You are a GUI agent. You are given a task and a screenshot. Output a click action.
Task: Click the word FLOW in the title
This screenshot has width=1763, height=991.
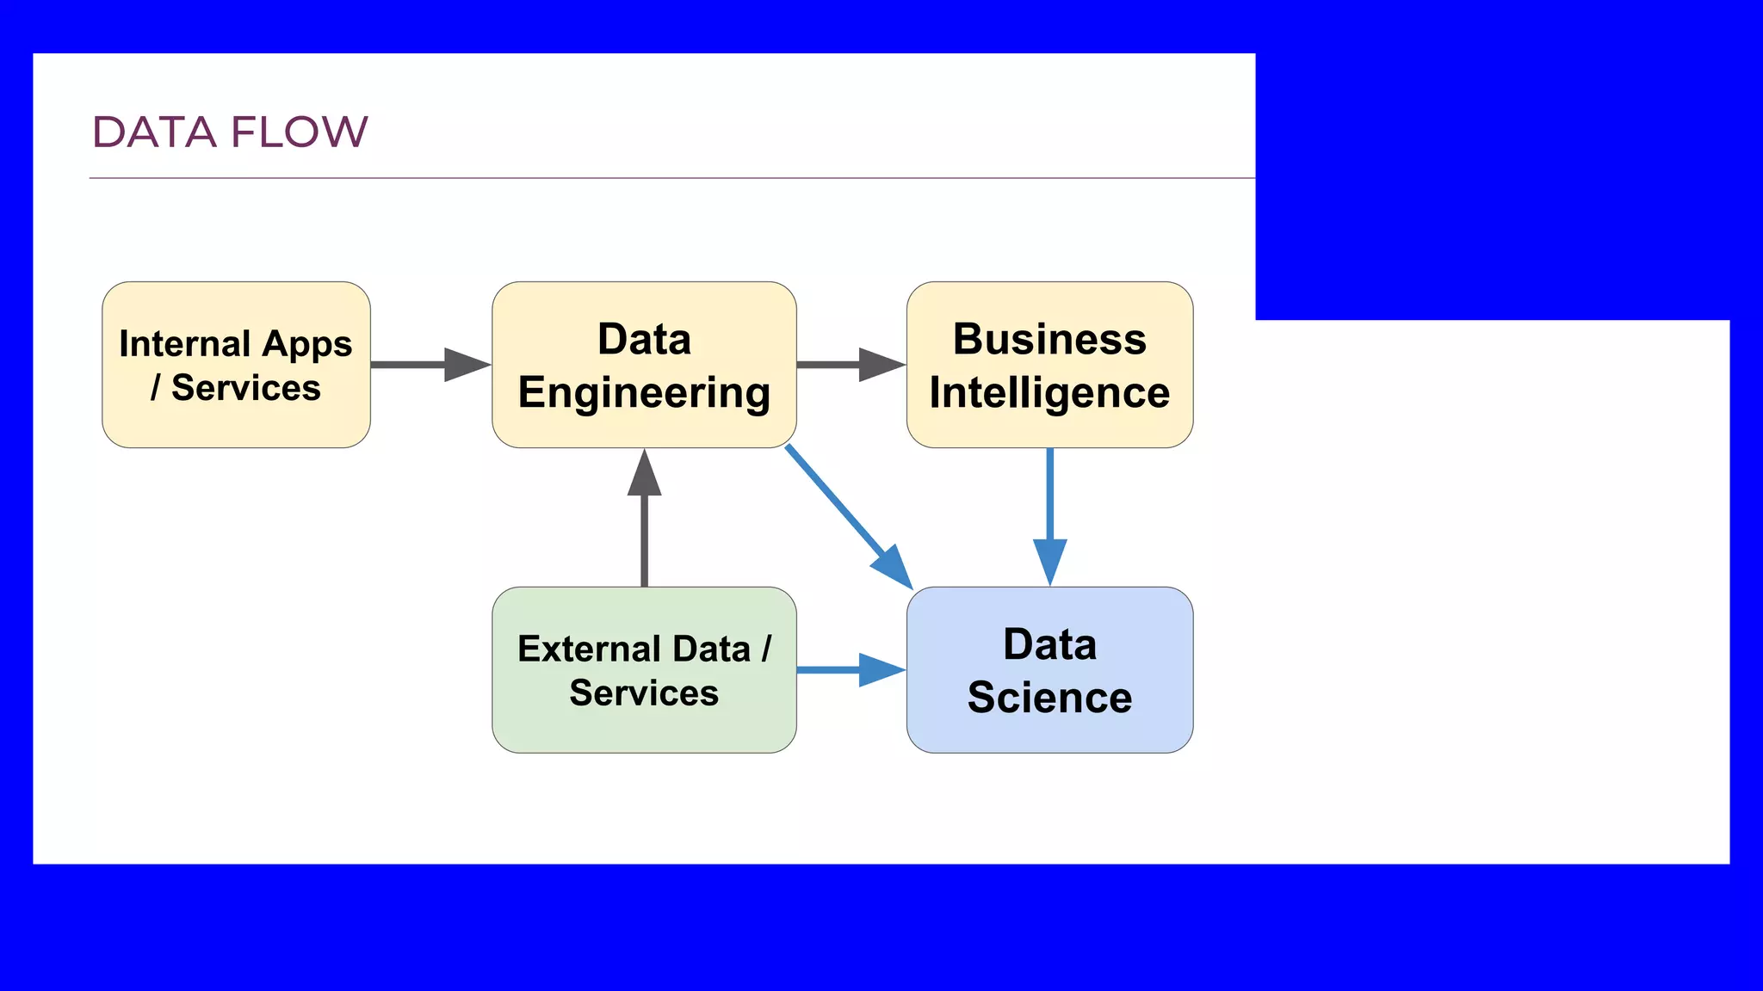(x=299, y=132)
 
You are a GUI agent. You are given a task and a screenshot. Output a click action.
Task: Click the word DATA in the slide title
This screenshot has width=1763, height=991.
(x=154, y=132)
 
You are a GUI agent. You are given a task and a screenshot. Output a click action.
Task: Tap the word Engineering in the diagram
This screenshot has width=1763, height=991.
(x=644, y=393)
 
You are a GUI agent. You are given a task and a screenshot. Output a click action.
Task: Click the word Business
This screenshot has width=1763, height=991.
(x=1049, y=339)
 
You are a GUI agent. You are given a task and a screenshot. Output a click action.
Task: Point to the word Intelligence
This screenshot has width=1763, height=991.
(x=1049, y=393)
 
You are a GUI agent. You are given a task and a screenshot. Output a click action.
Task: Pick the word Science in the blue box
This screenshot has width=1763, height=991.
(x=1049, y=697)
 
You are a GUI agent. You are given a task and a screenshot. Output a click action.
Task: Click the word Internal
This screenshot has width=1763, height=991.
(x=184, y=343)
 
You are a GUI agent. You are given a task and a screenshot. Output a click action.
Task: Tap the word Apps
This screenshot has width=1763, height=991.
(x=307, y=345)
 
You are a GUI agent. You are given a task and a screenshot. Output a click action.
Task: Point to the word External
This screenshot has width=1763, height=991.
(x=590, y=649)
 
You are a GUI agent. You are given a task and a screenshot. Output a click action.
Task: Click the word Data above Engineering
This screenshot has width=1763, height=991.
(x=644, y=339)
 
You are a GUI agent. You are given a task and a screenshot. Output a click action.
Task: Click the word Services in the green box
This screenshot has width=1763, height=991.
(x=644, y=693)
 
